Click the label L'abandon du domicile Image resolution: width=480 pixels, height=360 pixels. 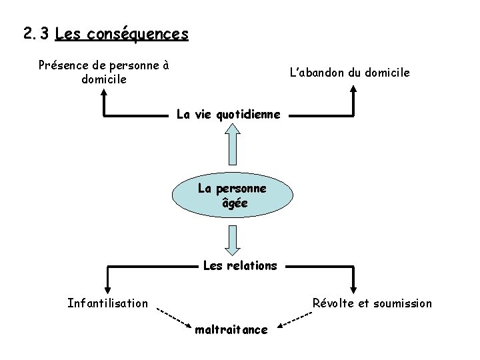(349, 71)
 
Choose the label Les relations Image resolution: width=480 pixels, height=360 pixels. (240, 265)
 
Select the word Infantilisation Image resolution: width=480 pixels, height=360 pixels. (108, 303)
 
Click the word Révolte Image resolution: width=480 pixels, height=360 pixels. (334, 303)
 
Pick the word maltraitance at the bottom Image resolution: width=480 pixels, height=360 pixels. (231, 329)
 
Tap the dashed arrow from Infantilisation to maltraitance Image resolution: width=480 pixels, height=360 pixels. (173, 315)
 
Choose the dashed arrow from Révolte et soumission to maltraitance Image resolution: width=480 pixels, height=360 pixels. (295, 319)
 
